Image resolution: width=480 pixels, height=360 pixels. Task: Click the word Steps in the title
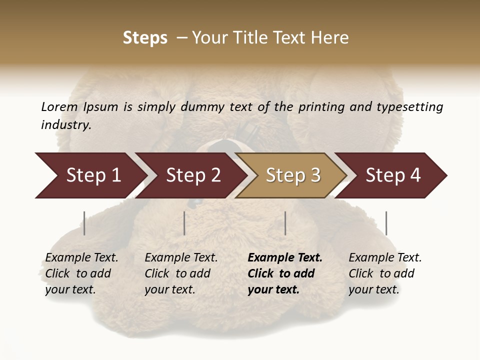pos(145,38)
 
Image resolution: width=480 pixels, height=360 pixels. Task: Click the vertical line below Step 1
pos(84,223)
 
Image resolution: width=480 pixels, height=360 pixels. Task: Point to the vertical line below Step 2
pos(184,223)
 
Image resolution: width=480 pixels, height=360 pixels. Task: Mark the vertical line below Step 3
pos(285,223)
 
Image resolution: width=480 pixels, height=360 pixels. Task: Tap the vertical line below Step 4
pos(386,223)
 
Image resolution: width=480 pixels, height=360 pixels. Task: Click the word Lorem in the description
pos(59,106)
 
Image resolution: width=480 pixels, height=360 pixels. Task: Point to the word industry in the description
pos(66,125)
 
